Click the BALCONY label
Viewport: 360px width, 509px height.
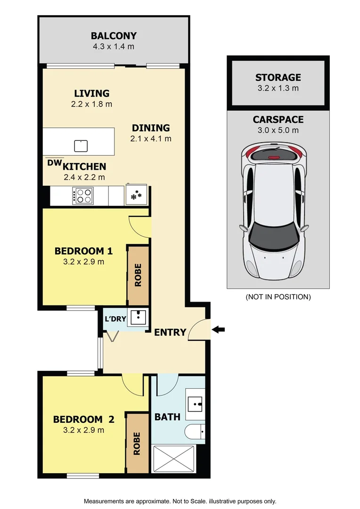[x=114, y=36]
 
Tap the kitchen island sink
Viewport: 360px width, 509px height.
[x=81, y=146]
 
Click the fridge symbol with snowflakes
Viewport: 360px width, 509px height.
[x=137, y=195]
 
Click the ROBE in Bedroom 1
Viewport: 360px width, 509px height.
[x=138, y=275]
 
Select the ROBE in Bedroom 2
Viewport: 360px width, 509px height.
[x=137, y=443]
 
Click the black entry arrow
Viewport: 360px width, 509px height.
[x=218, y=329]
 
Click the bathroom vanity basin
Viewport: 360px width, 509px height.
[x=196, y=404]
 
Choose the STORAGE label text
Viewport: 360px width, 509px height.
[x=278, y=77]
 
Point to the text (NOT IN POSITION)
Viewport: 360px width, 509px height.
[x=278, y=297]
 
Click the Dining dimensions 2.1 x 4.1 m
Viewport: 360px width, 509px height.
[x=151, y=139]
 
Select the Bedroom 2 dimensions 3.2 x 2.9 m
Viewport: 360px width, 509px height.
[x=84, y=430]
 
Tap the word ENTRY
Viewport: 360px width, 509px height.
[x=170, y=332]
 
